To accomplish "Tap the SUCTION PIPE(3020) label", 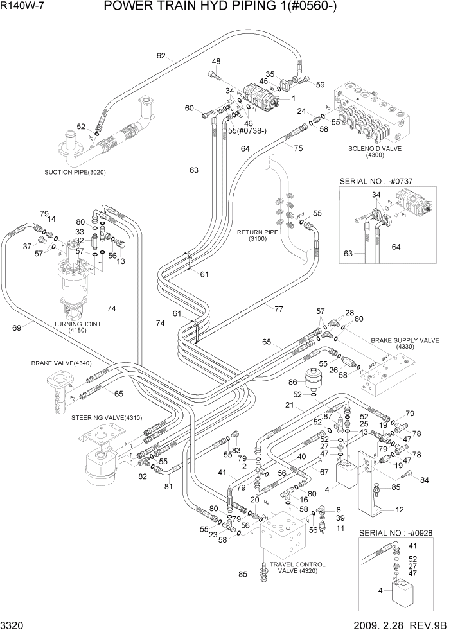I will point(75,172).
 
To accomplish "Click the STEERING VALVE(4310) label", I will point(105,417).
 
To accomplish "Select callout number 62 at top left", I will point(161,55).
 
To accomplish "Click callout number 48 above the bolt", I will point(217,62).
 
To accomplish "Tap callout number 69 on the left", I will point(17,328).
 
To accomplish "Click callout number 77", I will point(279,309).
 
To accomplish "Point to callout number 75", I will point(297,148).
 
